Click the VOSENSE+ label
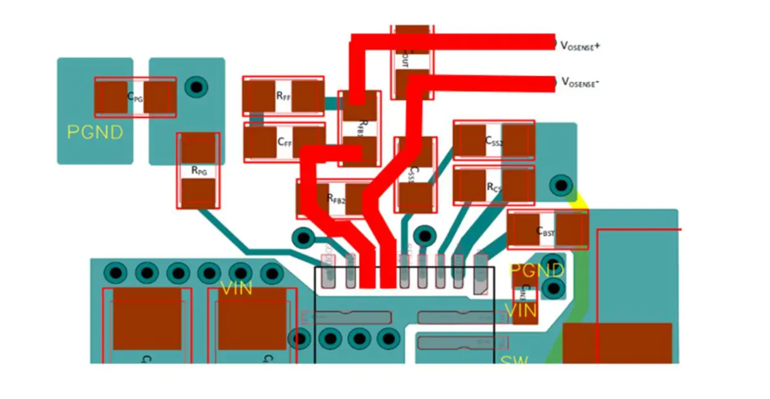click(580, 44)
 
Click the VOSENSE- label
click(580, 83)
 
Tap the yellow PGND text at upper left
click(95, 132)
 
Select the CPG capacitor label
click(135, 97)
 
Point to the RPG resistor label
click(198, 171)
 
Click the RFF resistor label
click(284, 97)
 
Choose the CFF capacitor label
click(285, 142)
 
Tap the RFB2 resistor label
click(336, 198)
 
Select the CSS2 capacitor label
click(494, 140)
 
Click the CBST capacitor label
click(545, 231)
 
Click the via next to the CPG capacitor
click(197, 86)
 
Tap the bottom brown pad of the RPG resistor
click(198, 193)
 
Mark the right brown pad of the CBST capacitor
click(572, 230)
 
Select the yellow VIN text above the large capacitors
click(236, 289)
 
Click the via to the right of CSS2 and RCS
click(561, 184)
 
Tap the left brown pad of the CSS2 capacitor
click(469, 141)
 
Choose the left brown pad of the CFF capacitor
click(260, 141)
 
